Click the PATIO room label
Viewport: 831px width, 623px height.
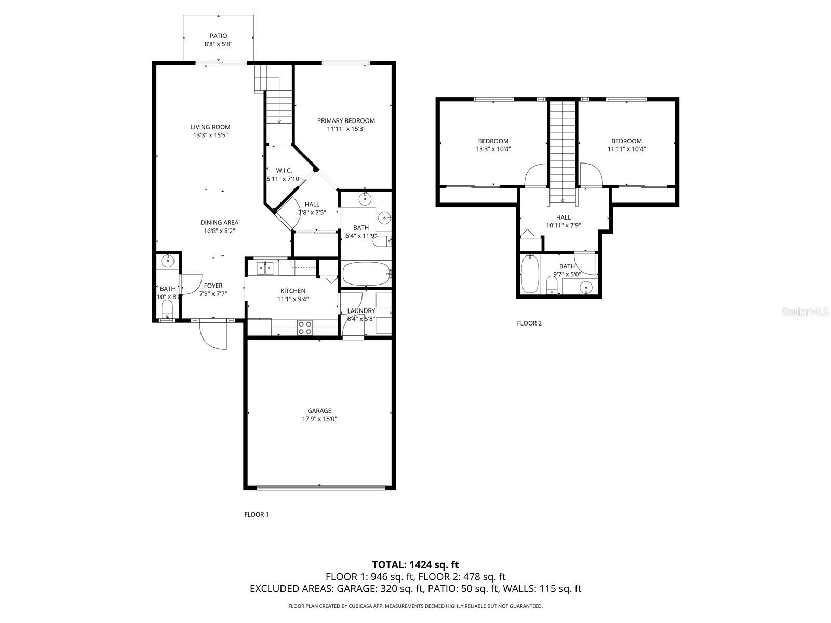pos(218,36)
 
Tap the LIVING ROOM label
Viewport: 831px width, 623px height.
pos(210,127)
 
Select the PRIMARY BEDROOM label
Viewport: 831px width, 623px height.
pos(346,120)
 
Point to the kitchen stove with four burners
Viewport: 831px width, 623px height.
pos(305,328)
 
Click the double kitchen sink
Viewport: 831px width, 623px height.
pos(265,268)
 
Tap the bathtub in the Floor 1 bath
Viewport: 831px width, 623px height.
pos(365,273)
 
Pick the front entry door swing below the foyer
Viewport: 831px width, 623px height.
pos(212,335)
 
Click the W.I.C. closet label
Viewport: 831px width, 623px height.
pos(284,170)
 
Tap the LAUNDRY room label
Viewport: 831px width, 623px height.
pos(361,310)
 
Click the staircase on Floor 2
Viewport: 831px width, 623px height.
pos(564,151)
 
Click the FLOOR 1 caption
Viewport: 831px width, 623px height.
pos(257,514)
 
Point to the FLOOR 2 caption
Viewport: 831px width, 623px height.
pos(529,323)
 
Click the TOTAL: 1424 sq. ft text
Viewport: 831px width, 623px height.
pos(415,564)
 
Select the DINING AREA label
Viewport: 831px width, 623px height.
pos(219,222)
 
